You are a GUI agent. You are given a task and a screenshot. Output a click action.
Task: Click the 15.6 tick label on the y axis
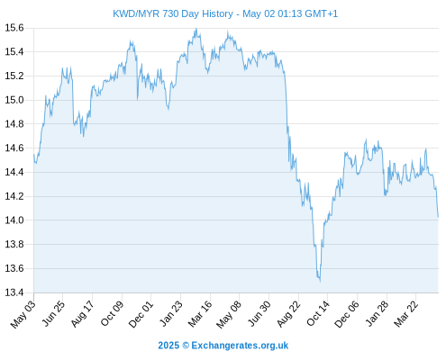tap(14, 28)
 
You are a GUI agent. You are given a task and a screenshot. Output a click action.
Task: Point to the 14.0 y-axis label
tap(14, 220)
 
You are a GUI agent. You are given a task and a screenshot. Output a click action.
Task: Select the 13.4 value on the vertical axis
tap(14, 292)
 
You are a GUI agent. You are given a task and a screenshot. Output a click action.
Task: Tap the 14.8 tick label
tap(14, 124)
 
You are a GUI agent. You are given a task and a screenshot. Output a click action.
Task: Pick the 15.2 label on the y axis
tap(14, 76)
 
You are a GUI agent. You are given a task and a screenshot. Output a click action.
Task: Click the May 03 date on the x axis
tap(23, 314)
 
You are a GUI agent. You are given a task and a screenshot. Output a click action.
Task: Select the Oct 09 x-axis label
tap(112, 313)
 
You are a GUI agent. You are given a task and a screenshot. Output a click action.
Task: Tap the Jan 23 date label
tap(170, 313)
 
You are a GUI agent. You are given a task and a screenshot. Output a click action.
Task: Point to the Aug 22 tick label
tap(288, 314)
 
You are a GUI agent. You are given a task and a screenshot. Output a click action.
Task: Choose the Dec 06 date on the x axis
tap(347, 314)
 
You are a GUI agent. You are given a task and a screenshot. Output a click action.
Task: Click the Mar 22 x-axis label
tap(405, 314)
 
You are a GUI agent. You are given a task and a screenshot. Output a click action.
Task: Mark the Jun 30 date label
tap(259, 313)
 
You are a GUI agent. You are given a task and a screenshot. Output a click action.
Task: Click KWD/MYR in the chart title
tap(136, 13)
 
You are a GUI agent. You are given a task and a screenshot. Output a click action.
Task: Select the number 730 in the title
tap(170, 13)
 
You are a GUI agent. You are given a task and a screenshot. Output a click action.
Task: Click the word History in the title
tap(217, 14)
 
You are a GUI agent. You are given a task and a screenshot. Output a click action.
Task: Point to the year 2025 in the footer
tap(168, 346)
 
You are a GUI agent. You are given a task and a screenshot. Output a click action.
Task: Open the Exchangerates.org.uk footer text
tap(240, 346)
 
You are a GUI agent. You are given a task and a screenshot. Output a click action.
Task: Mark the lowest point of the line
tap(320, 282)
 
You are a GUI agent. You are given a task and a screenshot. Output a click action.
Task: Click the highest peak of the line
tap(196, 29)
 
